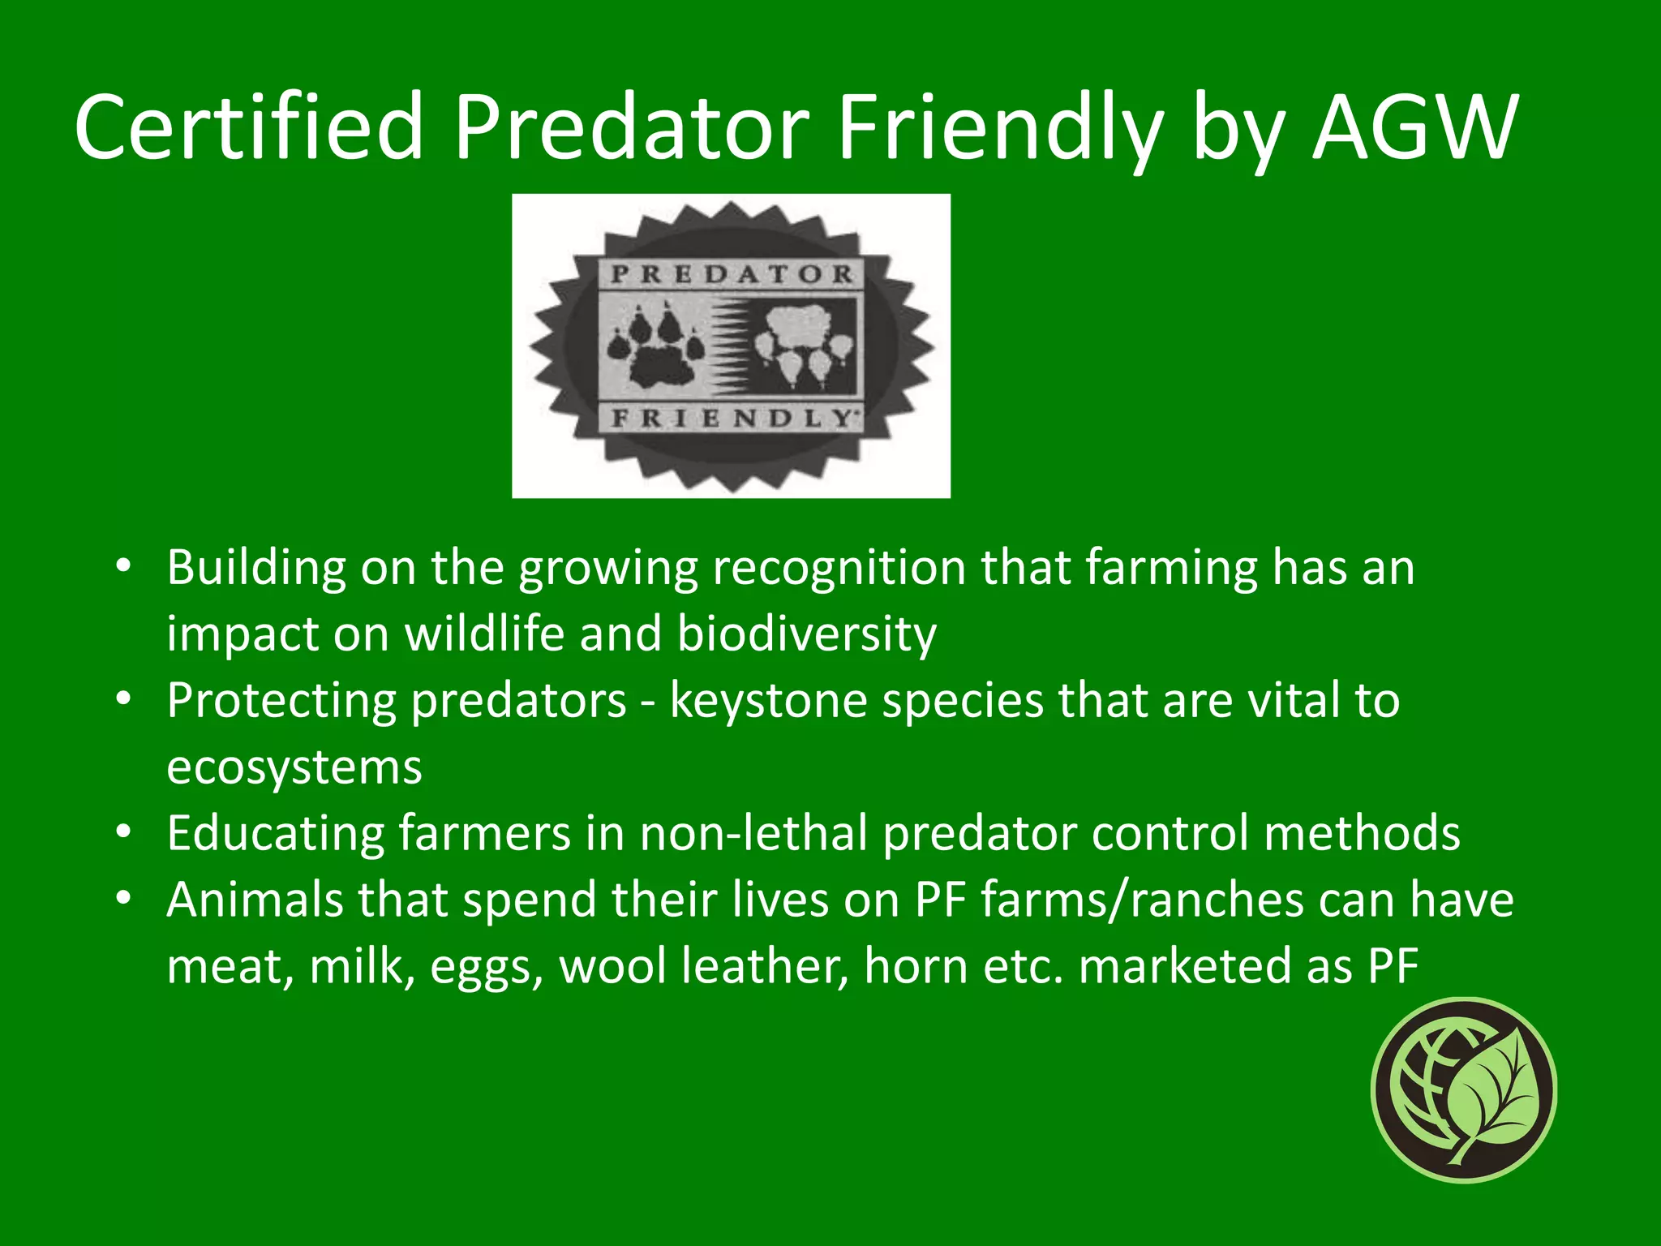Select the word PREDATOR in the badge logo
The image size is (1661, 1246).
(x=732, y=274)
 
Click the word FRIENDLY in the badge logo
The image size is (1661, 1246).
(x=732, y=418)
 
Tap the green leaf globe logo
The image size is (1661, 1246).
(x=1464, y=1089)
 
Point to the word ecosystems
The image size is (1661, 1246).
(x=294, y=767)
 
